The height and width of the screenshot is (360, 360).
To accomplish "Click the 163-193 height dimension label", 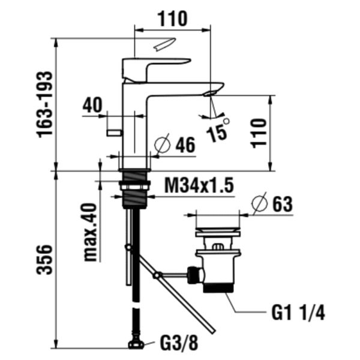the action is pos(45,104).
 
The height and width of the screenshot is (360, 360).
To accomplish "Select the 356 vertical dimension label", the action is pos(44,259).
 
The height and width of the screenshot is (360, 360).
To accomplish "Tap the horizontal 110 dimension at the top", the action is pos(172,19).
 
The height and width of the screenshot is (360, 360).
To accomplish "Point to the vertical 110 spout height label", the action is pos(259,133).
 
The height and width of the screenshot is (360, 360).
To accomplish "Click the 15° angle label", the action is pos(217,130).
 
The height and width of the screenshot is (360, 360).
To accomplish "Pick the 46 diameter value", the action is pos(185,145).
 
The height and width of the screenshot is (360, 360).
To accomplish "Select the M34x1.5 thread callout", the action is pos(199,185).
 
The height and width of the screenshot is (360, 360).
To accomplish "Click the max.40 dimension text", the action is pos(90,232).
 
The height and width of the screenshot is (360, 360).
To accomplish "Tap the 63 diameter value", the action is pos(283,204).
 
